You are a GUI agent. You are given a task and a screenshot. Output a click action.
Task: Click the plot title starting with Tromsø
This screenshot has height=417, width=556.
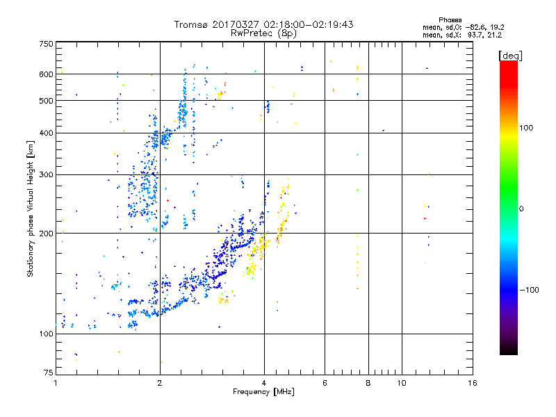(x=263, y=24)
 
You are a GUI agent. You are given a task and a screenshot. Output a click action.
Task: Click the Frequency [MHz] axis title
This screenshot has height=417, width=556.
(x=263, y=393)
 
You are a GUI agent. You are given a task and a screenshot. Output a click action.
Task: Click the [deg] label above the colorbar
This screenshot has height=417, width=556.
(x=510, y=55)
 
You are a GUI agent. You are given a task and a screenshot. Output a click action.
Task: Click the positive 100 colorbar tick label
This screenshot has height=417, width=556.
(x=526, y=127)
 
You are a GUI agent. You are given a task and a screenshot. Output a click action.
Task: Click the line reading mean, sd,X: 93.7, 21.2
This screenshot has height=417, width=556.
(x=461, y=34)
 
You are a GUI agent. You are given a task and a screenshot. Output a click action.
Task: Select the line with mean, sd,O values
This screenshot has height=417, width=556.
(x=461, y=27)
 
